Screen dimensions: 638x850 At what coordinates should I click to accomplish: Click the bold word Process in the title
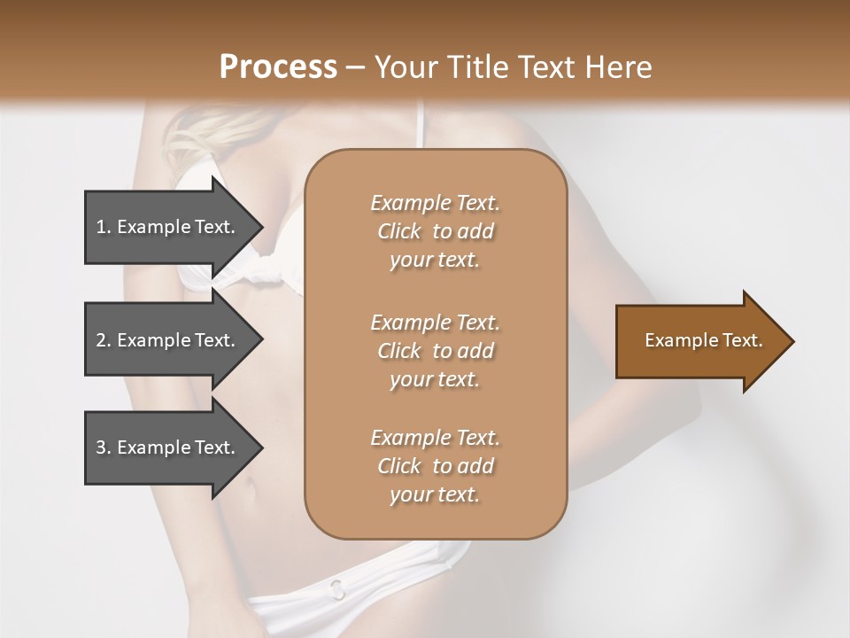(x=278, y=67)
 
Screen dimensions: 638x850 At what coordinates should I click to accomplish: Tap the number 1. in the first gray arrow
(x=104, y=227)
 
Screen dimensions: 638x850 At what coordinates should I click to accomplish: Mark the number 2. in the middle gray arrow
(x=104, y=340)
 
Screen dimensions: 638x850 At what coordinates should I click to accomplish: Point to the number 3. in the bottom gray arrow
(x=104, y=447)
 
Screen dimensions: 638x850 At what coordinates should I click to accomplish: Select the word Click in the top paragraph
(x=399, y=231)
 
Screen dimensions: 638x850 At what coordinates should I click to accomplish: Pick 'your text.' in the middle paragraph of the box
(x=435, y=379)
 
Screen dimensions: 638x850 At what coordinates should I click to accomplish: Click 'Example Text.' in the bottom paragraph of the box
(x=435, y=438)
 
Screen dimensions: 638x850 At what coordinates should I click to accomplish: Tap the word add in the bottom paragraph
(x=476, y=466)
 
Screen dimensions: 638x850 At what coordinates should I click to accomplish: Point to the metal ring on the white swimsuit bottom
(x=337, y=587)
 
